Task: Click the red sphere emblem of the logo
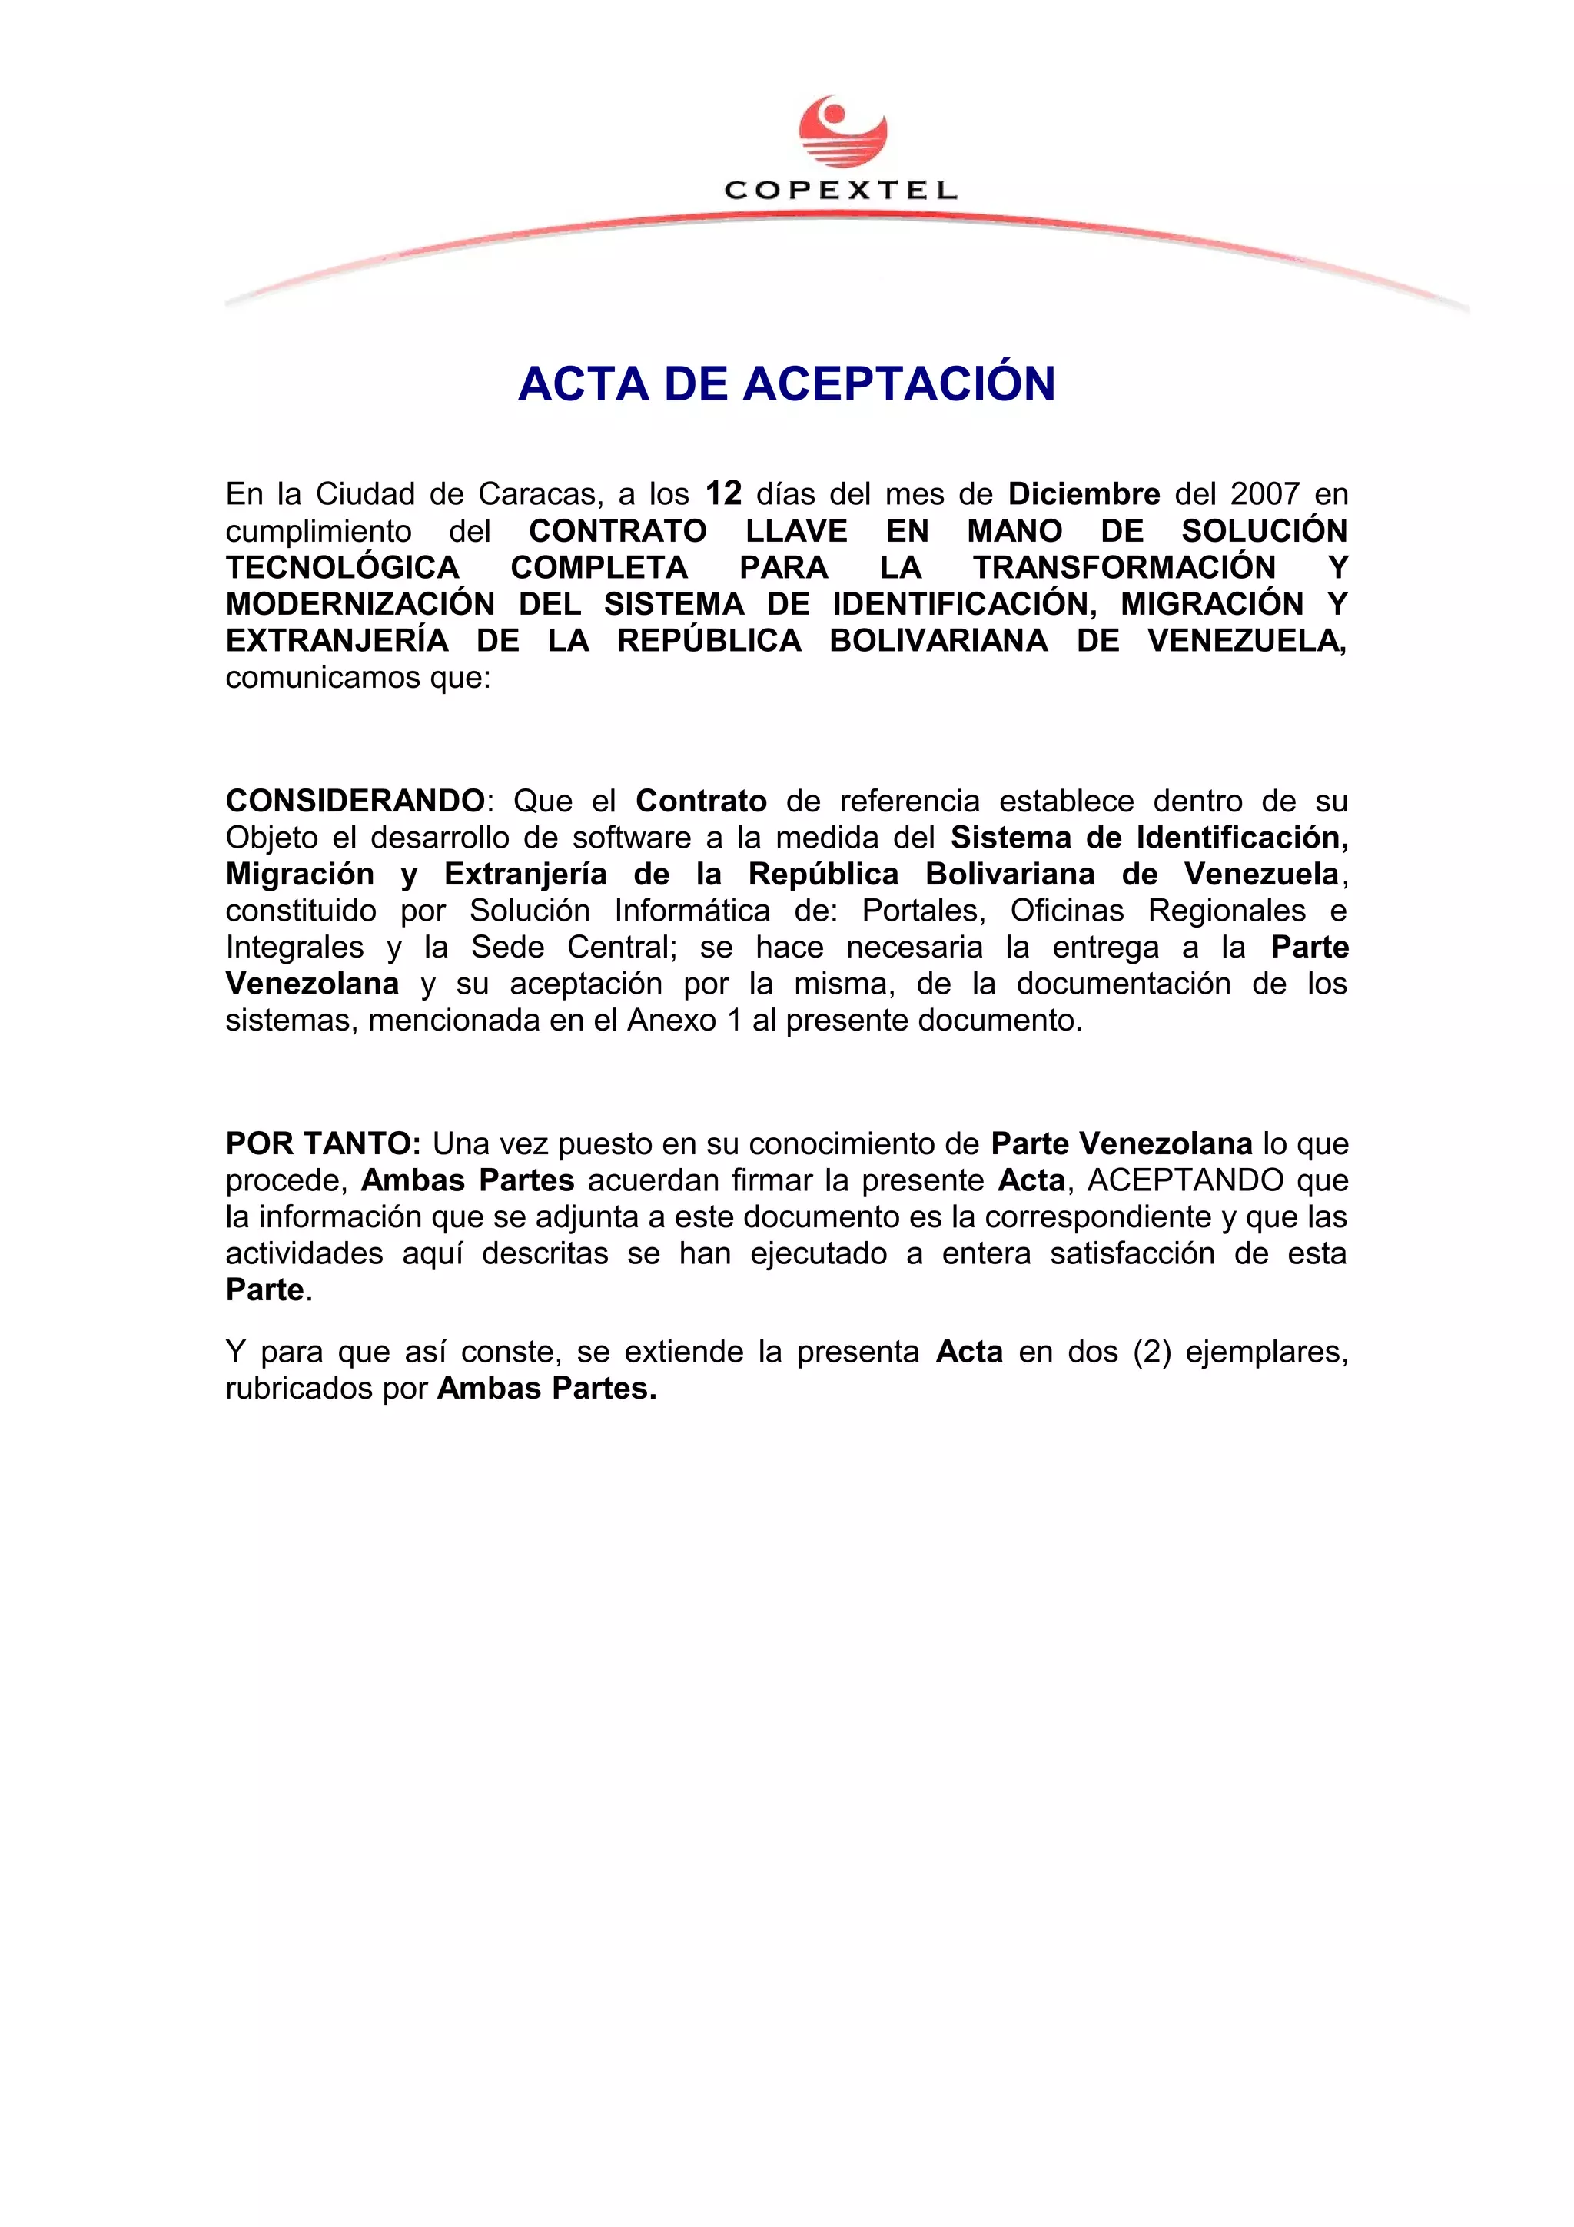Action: [842, 131]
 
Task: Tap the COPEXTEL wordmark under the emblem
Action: [841, 191]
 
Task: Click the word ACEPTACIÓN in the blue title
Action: [899, 383]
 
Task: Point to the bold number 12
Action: [723, 493]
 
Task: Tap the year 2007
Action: [1264, 495]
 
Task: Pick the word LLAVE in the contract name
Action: [796, 532]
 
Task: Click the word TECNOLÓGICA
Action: [342, 567]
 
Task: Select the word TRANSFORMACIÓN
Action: [1124, 567]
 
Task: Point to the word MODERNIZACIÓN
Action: [360, 604]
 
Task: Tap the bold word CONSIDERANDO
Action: [355, 802]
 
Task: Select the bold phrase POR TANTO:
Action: [323, 1144]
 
